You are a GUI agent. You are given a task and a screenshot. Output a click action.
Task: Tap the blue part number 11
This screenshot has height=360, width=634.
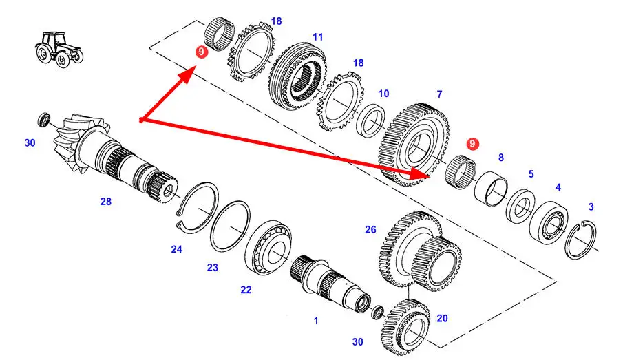pos(317,36)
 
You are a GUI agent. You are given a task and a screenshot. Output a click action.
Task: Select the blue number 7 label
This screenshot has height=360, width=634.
pos(439,94)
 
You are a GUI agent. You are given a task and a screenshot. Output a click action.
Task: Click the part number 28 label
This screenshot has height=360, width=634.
pos(105,202)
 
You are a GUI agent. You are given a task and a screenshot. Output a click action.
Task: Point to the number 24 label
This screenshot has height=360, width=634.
pos(177,249)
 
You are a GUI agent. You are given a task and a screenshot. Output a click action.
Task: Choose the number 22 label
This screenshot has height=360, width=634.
pos(246,290)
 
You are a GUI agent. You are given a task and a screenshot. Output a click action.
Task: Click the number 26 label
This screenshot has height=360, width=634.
pos(371,229)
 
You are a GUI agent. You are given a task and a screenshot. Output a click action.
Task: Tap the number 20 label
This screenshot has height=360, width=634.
pos(442,318)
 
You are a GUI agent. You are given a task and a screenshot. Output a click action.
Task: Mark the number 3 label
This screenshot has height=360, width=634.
pos(591,207)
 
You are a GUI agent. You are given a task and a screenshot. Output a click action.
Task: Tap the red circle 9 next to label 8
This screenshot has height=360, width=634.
pos(472,143)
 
